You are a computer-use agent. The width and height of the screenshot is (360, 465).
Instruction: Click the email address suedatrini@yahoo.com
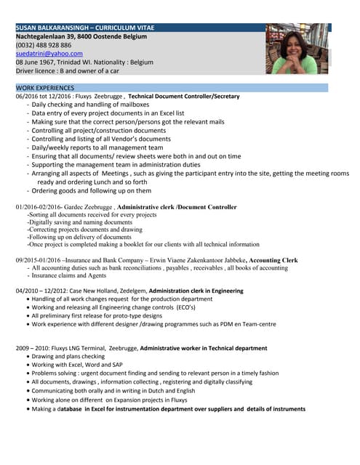(x=49, y=54)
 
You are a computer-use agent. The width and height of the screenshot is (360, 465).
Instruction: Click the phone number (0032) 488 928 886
(x=44, y=45)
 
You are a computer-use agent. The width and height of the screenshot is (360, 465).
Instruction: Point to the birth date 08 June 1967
(x=41, y=62)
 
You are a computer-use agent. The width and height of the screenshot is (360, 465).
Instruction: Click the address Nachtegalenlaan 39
(x=48, y=36)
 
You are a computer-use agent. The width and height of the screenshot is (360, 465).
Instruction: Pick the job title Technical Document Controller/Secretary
(x=183, y=96)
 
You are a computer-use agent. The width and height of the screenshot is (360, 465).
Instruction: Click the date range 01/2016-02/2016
(x=41, y=207)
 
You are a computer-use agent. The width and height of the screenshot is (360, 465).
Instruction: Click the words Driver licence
(x=36, y=71)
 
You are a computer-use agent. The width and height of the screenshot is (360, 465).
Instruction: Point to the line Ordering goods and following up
(x=92, y=191)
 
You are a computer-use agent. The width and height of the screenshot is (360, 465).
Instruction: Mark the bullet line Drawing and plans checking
(x=68, y=357)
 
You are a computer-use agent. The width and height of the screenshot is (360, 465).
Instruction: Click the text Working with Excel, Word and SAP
(x=77, y=365)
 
